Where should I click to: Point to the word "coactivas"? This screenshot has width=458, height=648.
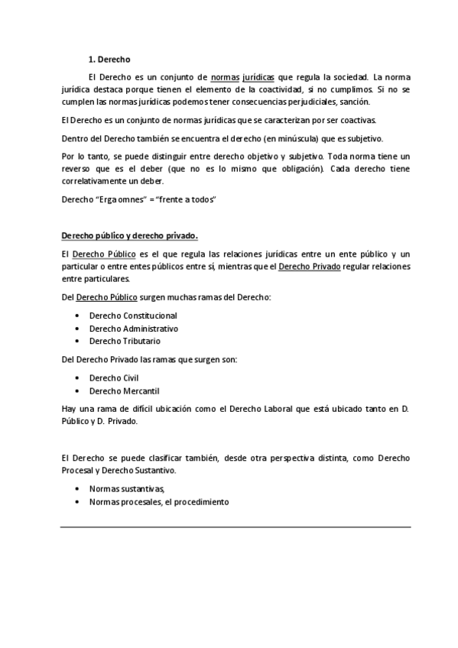click(358, 121)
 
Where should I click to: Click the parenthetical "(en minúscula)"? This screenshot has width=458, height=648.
click(294, 138)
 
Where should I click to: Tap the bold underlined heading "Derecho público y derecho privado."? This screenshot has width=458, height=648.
click(129, 235)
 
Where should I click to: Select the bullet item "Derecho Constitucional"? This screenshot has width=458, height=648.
click(133, 316)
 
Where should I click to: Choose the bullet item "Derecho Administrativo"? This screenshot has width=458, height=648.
click(134, 329)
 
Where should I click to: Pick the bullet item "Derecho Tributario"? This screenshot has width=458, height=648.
click(125, 341)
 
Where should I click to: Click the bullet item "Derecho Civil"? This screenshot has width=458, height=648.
click(114, 377)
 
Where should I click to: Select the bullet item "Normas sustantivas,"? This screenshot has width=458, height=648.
click(127, 489)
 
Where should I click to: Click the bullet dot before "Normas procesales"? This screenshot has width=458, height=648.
click(79, 502)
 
